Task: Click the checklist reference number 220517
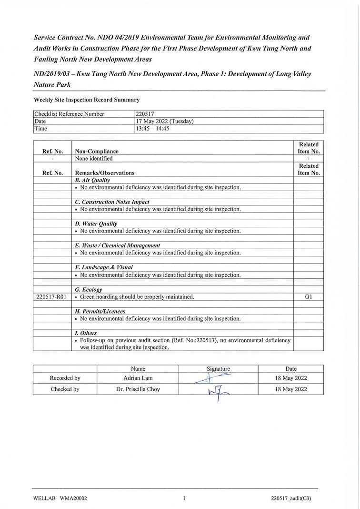[x=145, y=114]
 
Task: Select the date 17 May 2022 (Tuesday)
[x=164, y=122]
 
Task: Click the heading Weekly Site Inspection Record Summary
[x=87, y=100]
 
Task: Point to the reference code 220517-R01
[x=52, y=297]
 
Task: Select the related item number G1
[x=308, y=297]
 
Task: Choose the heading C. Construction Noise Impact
[x=112, y=202]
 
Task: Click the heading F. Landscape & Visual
[x=104, y=267]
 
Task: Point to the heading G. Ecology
[x=89, y=289]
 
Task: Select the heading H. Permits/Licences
[x=100, y=311]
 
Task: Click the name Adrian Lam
[x=138, y=378]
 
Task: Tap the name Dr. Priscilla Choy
[x=138, y=389]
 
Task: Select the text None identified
[x=94, y=159]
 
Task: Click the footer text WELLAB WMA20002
[x=60, y=499]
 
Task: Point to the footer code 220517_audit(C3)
[x=290, y=499]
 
